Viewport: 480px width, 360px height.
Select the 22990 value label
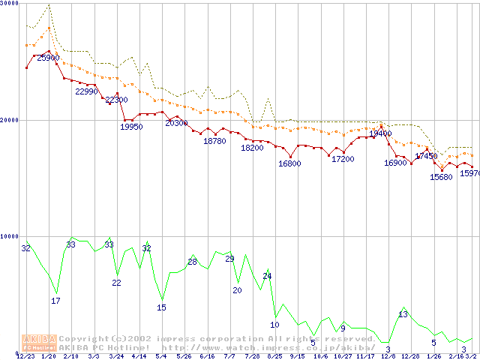[87, 91]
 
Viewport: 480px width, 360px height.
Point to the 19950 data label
[131, 127]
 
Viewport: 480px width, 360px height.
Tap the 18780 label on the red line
[215, 141]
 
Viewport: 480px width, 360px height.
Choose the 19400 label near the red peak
[380, 133]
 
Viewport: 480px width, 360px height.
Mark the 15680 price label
[441, 177]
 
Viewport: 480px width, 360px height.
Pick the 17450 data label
[426, 156]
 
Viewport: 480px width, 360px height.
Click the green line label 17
[55, 301]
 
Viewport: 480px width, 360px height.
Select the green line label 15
[161, 307]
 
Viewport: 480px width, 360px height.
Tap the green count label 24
[267, 276]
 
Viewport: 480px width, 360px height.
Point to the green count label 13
[403, 315]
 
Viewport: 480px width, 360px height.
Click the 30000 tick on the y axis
[9, 3]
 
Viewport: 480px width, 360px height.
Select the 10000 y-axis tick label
[9, 236]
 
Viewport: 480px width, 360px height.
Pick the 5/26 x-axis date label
[184, 356]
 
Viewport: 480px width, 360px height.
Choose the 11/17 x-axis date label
[366, 356]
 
